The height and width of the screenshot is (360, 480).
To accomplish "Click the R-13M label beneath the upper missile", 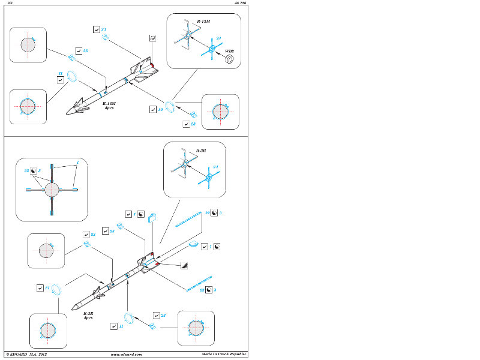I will (x=109, y=104).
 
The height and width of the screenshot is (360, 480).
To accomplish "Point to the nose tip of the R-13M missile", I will (x=67, y=114).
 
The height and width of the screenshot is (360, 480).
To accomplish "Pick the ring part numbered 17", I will (x=56, y=289).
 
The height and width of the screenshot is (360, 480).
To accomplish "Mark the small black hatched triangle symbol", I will (x=184, y=265).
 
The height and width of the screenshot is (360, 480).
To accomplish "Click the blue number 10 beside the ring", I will (x=160, y=110).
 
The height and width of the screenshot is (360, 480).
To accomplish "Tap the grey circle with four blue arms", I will (x=52, y=190).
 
